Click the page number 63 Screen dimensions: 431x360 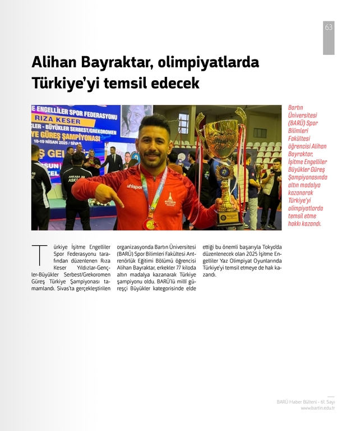coord(329,27)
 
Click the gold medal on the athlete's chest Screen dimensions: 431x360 coord(150,223)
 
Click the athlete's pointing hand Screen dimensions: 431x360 coord(110,194)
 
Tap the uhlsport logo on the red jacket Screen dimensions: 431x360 coord(134,186)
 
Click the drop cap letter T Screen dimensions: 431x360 coord(38,255)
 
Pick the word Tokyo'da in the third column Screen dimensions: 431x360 coord(271,247)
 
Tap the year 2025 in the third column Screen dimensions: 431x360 coord(252,254)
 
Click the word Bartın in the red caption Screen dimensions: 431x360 coord(296,107)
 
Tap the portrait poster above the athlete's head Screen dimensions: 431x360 coord(136,120)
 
